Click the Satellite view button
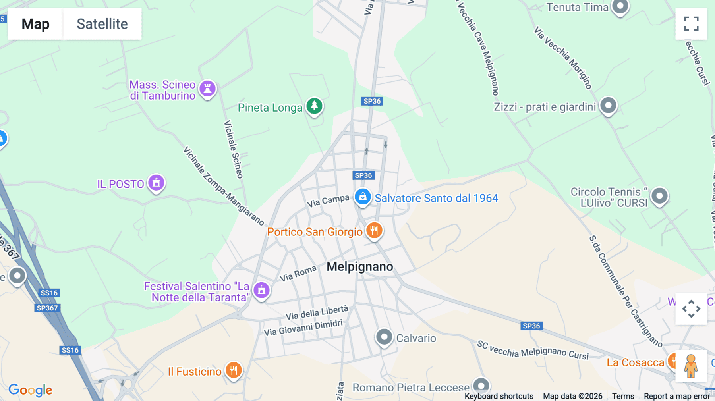point(102,24)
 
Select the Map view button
point(35,24)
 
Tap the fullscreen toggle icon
point(691,24)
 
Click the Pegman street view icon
point(691,366)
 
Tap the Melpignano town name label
point(359,266)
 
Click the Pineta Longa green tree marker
point(315,106)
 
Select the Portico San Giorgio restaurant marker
point(374,230)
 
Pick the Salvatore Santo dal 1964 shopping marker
point(363,197)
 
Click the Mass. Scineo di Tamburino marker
point(207,89)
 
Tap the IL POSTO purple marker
point(157,183)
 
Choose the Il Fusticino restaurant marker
point(234,370)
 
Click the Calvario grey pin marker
point(384,337)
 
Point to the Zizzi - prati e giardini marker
point(608,106)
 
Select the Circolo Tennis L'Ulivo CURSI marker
point(659,196)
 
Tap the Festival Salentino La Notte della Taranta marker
point(261,290)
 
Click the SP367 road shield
point(47,308)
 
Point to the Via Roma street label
point(298,274)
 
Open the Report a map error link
point(677,396)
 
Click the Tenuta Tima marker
point(620,6)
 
